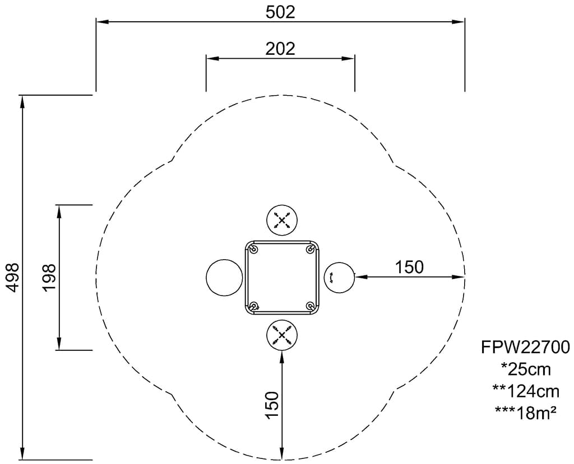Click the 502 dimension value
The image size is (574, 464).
280,12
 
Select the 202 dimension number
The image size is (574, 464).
280,49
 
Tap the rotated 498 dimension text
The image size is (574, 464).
13,278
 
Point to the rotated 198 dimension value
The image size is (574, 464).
49,278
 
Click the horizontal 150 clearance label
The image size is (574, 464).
409,268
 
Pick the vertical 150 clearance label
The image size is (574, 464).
272,405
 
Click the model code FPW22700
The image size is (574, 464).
525,348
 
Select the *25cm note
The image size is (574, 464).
525,369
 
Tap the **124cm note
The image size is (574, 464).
525,392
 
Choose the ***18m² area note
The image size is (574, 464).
525,413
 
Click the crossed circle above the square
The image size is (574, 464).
281,220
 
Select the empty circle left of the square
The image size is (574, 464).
224,277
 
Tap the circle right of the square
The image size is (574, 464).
340,277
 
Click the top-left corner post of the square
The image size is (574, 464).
253,249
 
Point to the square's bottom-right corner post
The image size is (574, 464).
311,306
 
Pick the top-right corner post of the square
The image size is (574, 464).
311,249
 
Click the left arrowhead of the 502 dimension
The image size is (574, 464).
103,22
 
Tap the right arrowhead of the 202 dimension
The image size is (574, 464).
348,58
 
